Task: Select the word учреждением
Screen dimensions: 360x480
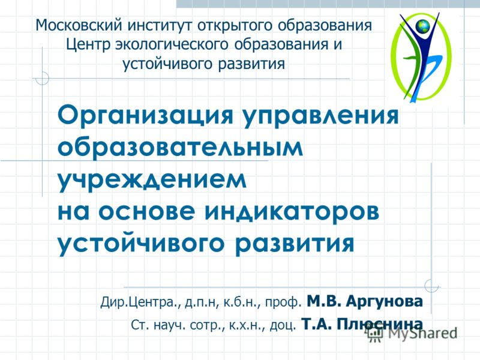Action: tap(152, 180)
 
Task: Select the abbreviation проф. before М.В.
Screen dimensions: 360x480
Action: tap(287, 301)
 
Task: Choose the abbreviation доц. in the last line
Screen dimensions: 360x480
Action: tap(283, 326)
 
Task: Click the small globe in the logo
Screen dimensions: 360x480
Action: tap(424, 26)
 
